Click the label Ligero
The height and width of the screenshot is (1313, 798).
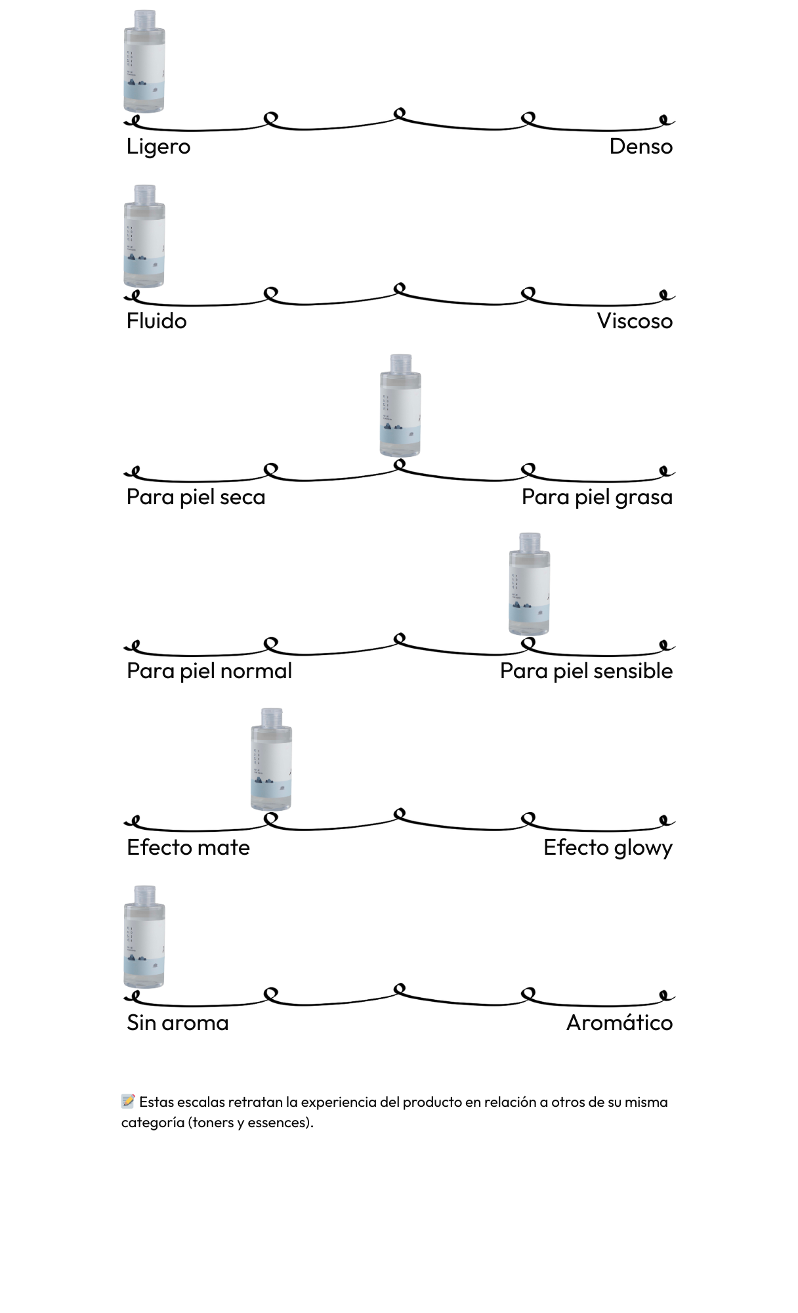tap(158, 146)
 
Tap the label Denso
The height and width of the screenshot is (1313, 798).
tap(640, 146)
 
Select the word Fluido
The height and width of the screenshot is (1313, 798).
tap(156, 321)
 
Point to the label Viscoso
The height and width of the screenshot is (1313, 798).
tap(635, 321)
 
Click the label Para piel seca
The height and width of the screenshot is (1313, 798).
tap(196, 497)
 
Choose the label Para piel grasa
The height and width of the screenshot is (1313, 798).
tap(597, 497)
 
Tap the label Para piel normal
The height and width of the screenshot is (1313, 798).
tap(209, 671)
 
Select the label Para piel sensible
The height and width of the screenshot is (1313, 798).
tap(586, 671)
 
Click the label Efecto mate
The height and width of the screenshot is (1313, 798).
tap(188, 848)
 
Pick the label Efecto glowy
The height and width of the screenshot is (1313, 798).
tap(608, 848)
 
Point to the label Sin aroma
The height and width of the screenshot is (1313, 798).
tap(177, 1023)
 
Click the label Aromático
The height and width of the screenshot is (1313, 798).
tap(619, 1023)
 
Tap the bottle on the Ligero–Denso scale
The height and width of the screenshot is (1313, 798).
tap(144, 62)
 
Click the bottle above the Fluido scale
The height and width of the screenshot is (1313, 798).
tap(144, 236)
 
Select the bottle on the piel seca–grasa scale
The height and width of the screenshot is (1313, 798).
tap(400, 406)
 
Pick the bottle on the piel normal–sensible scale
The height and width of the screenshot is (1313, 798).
tap(529, 584)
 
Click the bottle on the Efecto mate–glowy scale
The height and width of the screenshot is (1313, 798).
tap(271, 760)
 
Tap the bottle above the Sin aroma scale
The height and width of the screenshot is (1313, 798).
tap(144, 937)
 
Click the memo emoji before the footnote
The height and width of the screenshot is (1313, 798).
tap(128, 1101)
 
